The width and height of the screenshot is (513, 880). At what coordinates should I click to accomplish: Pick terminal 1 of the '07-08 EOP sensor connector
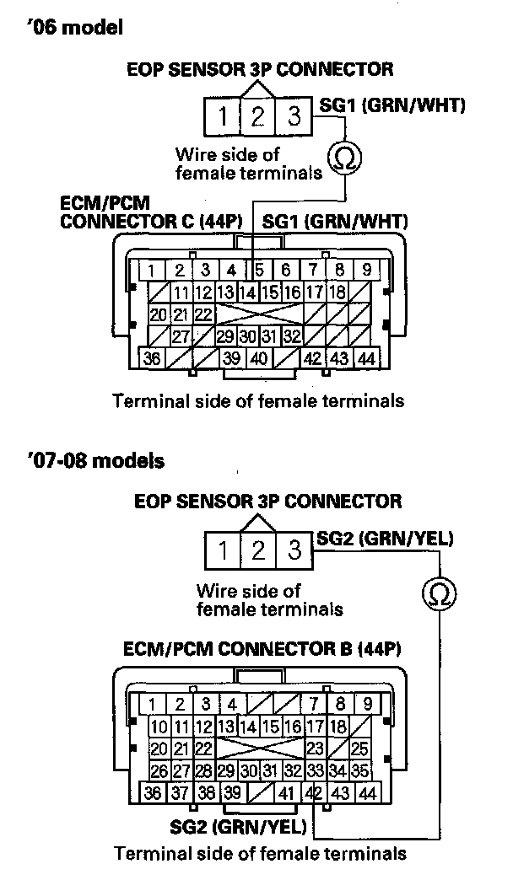pyautogui.click(x=223, y=551)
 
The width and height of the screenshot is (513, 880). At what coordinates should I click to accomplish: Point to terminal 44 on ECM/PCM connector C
pyautogui.click(x=366, y=357)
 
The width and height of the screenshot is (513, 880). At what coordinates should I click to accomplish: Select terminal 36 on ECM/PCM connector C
pyautogui.click(x=153, y=357)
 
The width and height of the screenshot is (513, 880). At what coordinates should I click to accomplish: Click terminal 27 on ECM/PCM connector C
pyautogui.click(x=179, y=336)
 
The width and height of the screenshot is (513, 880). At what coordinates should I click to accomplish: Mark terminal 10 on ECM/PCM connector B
pyautogui.click(x=157, y=727)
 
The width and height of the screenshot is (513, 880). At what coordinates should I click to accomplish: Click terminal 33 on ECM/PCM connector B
pyautogui.click(x=316, y=770)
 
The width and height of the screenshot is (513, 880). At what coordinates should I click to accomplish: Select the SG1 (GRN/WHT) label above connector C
pyautogui.click(x=336, y=223)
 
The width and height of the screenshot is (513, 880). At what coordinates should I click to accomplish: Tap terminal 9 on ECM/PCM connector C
pyautogui.click(x=366, y=271)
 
